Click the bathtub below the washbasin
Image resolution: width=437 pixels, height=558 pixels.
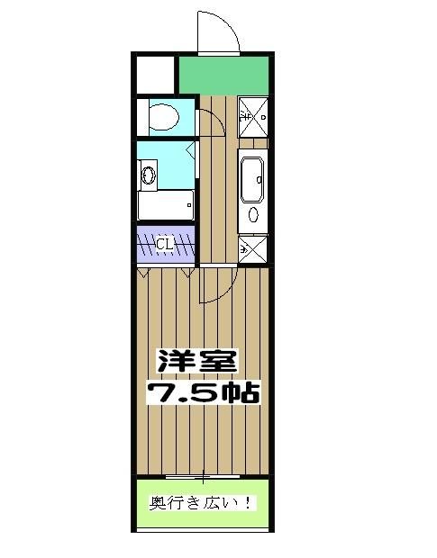pyautogui.click(x=165, y=206)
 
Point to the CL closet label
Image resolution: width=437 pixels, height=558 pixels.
pyautogui.click(x=165, y=243)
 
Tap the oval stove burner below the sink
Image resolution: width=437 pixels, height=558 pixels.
pyautogui.click(x=252, y=215)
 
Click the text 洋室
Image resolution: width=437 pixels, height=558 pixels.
pyautogui.click(x=197, y=361)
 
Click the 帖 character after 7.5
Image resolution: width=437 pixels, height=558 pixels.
pyautogui.click(x=243, y=392)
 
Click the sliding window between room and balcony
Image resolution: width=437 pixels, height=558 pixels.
pyautogui.click(x=205, y=474)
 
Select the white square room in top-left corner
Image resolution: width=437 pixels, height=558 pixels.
pyautogui.click(x=156, y=73)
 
